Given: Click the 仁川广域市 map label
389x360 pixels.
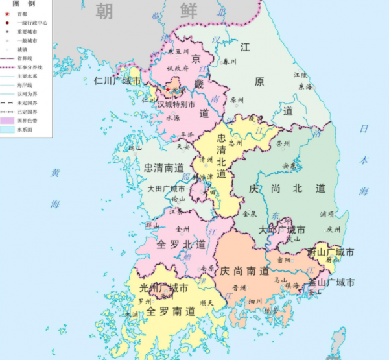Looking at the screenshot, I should pos(117,81).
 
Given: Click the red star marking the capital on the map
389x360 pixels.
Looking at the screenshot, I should pos(167,90).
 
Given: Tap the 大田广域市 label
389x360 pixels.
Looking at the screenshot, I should pos(164,189).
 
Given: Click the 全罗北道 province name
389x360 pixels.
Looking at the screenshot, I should pos(181,245).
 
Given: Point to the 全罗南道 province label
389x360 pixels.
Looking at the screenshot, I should pos(170,311).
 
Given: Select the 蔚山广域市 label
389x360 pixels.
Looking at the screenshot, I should pos(331,252).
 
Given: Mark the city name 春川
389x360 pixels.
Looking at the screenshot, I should pos(230,63).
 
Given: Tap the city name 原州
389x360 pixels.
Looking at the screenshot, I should pos(237,101).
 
